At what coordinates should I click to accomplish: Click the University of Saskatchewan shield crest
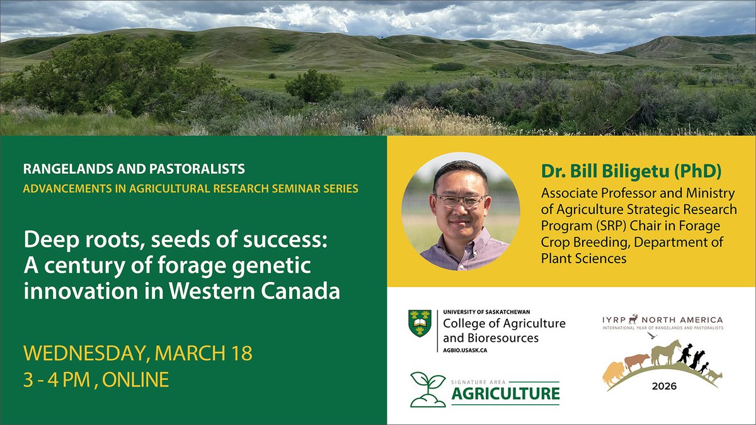(x=420, y=323)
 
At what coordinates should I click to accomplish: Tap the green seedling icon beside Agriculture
(x=428, y=389)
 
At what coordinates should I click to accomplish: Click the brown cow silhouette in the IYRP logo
(x=636, y=362)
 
